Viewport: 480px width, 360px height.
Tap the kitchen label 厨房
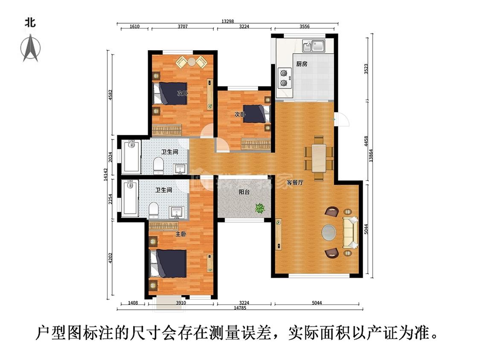pos(301,64)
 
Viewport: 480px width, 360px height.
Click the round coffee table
pos(329,233)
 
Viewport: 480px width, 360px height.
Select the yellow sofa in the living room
pos(351,232)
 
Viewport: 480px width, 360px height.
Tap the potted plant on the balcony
pos(259,209)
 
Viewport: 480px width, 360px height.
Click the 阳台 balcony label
pos(244,192)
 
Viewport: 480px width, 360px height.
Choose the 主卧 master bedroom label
pos(180,234)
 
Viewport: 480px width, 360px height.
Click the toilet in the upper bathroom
pos(158,165)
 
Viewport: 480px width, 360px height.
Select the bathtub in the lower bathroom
pos(130,199)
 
